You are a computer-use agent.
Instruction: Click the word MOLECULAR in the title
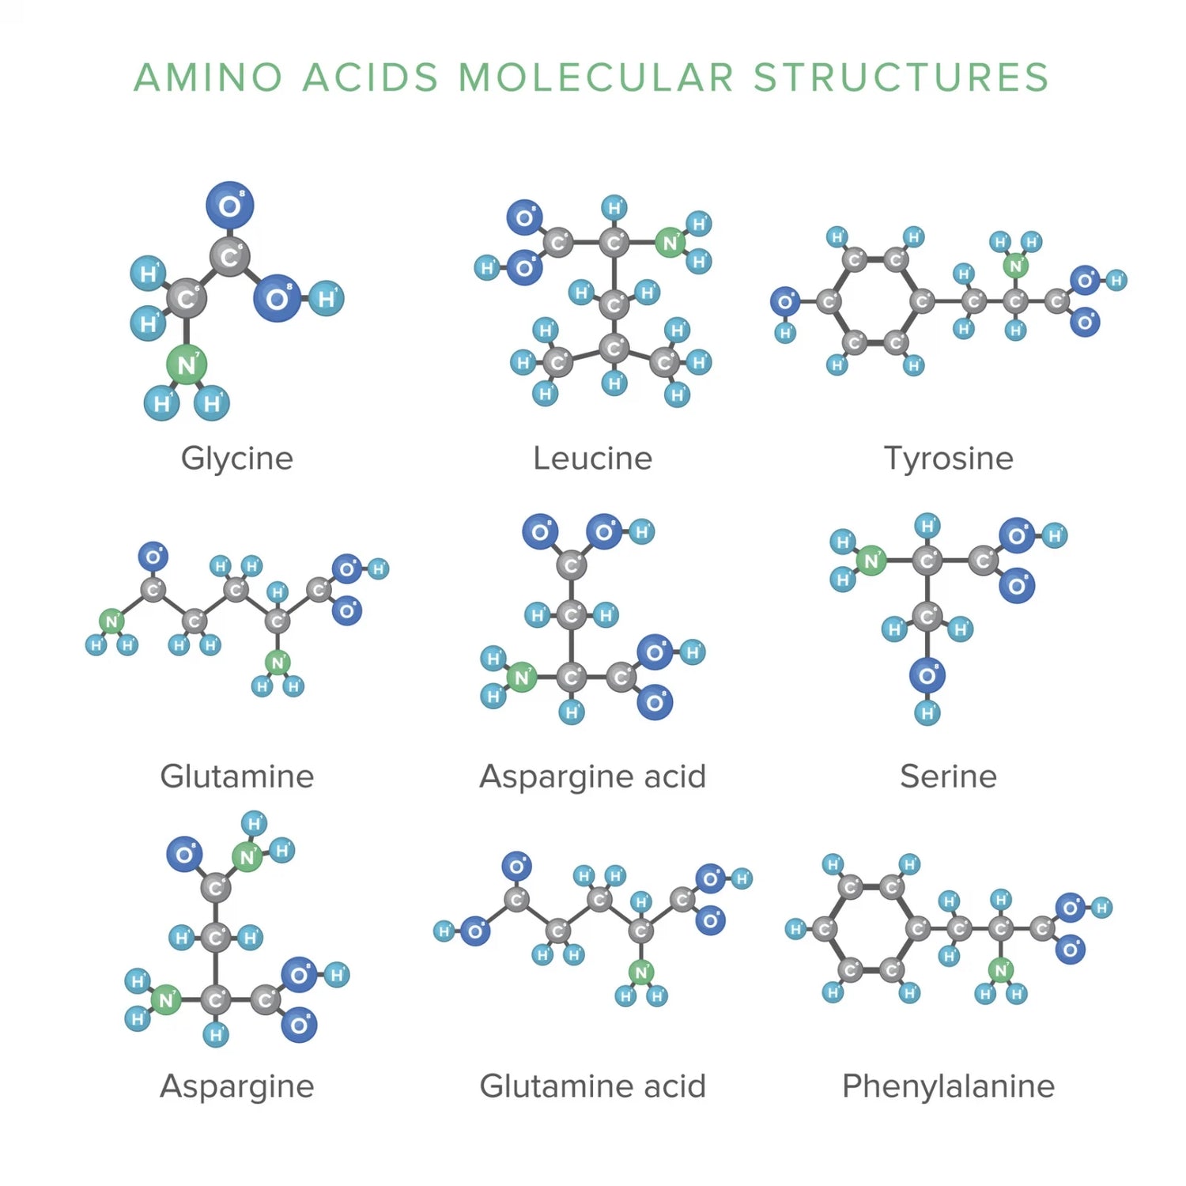pos(596,77)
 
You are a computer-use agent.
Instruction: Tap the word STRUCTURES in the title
pos(901,77)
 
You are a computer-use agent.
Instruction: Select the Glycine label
pos(237,459)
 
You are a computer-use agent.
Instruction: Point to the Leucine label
pos(592,459)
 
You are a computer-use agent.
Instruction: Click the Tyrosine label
pos(948,459)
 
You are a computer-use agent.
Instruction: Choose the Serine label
pos(948,776)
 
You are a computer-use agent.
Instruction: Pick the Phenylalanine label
pos(948,1086)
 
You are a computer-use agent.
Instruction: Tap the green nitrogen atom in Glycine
pos(187,364)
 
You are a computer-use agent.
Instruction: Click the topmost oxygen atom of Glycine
pos(229,206)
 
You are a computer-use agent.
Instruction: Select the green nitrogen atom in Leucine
pos(670,243)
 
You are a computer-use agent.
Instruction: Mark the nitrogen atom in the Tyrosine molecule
pos(1016,266)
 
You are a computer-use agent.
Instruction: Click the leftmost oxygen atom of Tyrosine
pos(784,301)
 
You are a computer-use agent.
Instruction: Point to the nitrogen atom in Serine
pos(871,561)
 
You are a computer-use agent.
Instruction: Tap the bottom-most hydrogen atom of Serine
pos(927,713)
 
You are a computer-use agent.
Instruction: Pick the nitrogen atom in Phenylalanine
pos(1001,970)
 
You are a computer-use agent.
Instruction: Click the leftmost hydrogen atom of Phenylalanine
pos(795,929)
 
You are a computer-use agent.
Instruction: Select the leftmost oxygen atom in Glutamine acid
pos(474,931)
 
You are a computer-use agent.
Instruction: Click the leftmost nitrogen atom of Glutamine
pos(111,621)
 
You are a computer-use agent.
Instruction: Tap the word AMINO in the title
pos(208,77)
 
